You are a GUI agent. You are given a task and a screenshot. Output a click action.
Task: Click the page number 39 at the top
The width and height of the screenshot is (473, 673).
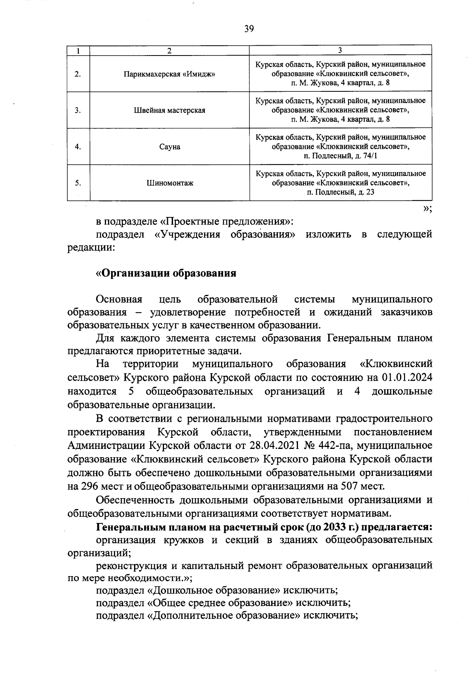tap(249, 29)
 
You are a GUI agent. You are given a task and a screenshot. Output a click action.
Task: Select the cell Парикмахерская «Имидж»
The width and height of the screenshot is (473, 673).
tap(169, 74)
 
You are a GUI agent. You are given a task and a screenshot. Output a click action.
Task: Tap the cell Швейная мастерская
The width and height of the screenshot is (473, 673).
tap(169, 110)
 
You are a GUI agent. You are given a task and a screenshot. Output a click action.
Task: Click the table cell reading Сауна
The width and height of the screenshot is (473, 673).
tap(169, 146)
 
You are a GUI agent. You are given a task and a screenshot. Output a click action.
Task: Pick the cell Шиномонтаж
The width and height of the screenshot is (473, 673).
tap(169, 183)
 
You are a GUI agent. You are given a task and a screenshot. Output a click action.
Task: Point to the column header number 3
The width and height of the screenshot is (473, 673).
tap(340, 50)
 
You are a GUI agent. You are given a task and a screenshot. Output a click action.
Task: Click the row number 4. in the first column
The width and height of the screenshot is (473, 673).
tap(78, 146)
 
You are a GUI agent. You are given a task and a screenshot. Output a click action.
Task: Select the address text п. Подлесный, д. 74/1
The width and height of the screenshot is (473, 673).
tap(340, 156)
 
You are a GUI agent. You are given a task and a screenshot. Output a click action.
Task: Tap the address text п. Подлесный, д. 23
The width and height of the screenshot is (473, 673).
tap(340, 192)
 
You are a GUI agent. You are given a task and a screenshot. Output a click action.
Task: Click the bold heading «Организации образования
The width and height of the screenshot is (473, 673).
tap(166, 273)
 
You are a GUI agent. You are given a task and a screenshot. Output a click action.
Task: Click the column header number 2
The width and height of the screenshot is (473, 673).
tap(169, 50)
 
